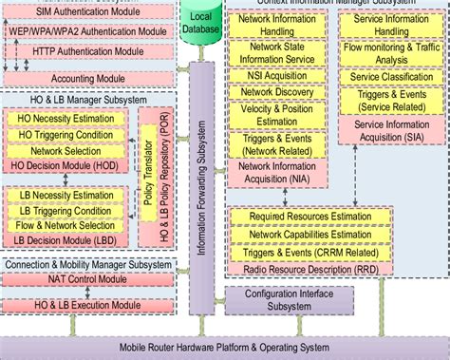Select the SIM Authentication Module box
(x=93, y=11)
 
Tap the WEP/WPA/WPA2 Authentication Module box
(x=93, y=30)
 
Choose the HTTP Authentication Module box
(x=93, y=50)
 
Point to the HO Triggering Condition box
(x=66, y=136)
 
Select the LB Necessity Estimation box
(x=66, y=196)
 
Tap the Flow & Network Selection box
(x=66, y=225)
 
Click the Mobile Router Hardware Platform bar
(x=224, y=348)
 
